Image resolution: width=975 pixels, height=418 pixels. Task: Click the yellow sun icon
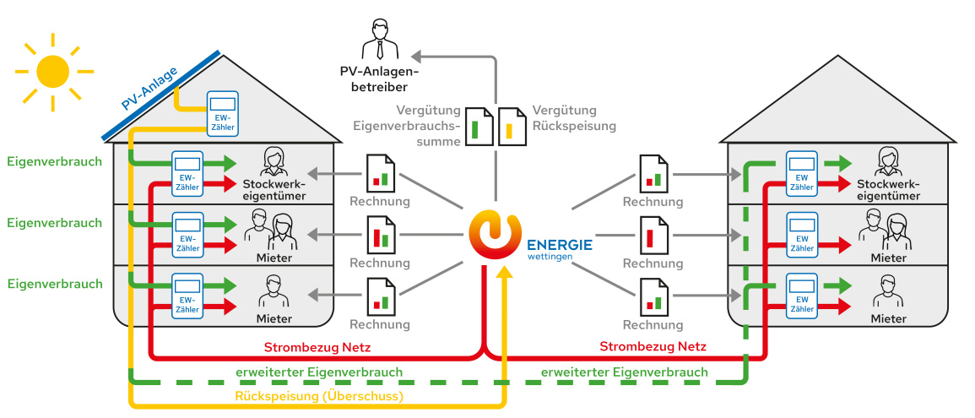pos(53,72)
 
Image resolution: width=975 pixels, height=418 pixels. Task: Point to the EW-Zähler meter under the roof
pos(223,112)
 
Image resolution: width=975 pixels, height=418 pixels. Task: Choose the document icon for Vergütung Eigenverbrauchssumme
pos(480,127)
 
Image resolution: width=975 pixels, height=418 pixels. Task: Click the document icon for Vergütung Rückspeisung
pos(510,127)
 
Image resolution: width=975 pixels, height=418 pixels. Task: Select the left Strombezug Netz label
pos(317,346)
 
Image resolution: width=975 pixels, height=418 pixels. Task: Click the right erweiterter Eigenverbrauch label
pos(624,372)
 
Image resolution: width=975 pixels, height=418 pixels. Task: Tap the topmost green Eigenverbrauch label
pos(54,161)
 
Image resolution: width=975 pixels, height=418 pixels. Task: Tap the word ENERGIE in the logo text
pos(559,244)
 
